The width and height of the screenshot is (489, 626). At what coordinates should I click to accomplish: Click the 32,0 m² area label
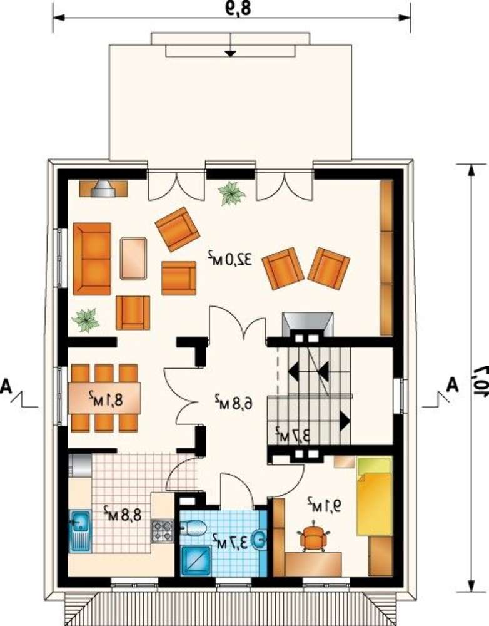point(230,259)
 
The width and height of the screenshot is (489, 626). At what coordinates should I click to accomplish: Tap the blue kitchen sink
point(80,531)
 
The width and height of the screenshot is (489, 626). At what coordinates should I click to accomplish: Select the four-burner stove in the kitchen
point(162,531)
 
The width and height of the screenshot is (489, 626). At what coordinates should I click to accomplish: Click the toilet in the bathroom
point(193,528)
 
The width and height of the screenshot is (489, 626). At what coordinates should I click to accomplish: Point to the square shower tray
point(196,562)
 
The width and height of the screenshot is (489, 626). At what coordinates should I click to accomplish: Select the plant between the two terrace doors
point(231,193)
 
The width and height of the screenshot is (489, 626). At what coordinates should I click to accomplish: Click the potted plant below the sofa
point(85,320)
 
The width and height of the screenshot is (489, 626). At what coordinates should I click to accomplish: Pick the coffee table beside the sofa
point(133,259)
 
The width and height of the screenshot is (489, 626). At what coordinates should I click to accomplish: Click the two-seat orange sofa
point(92,259)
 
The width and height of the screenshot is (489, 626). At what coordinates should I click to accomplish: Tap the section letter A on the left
point(6,386)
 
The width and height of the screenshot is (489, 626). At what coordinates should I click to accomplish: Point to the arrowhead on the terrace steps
point(229,53)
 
